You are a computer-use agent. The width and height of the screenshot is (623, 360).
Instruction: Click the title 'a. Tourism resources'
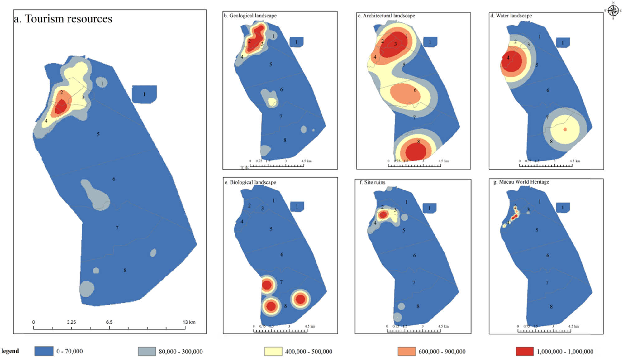[x=63, y=19]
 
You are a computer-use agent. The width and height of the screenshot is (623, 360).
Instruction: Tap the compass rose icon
[x=613, y=10]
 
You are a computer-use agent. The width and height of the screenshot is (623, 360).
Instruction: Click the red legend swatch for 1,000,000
[x=525, y=351]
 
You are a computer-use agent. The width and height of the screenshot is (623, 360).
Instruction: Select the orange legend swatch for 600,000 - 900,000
[x=407, y=351]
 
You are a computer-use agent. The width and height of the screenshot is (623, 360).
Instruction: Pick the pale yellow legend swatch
[x=273, y=351]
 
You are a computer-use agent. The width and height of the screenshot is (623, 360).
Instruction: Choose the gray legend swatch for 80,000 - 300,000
[x=147, y=351]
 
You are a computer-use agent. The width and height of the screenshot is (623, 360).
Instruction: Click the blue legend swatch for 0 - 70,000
[x=44, y=351]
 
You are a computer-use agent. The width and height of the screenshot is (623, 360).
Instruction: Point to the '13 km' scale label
[x=189, y=322]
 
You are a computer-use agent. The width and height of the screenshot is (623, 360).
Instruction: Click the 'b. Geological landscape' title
[x=250, y=16]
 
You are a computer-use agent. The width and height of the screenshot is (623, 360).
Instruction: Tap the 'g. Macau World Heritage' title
[x=521, y=182]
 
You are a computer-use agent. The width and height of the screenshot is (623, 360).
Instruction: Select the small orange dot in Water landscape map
[x=565, y=129]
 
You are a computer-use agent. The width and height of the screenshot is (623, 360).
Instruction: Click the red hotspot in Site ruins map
[x=383, y=214]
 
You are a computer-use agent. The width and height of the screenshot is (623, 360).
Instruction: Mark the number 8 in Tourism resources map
[x=125, y=270]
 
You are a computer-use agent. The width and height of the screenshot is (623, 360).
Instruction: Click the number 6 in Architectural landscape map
[x=415, y=90]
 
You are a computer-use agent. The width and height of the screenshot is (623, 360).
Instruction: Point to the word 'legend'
[x=10, y=351]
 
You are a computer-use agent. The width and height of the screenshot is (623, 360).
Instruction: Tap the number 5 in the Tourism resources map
[x=98, y=134]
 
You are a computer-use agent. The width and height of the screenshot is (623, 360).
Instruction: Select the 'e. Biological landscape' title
[x=250, y=182]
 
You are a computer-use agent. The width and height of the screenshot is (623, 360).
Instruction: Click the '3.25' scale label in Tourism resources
[x=71, y=322]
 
